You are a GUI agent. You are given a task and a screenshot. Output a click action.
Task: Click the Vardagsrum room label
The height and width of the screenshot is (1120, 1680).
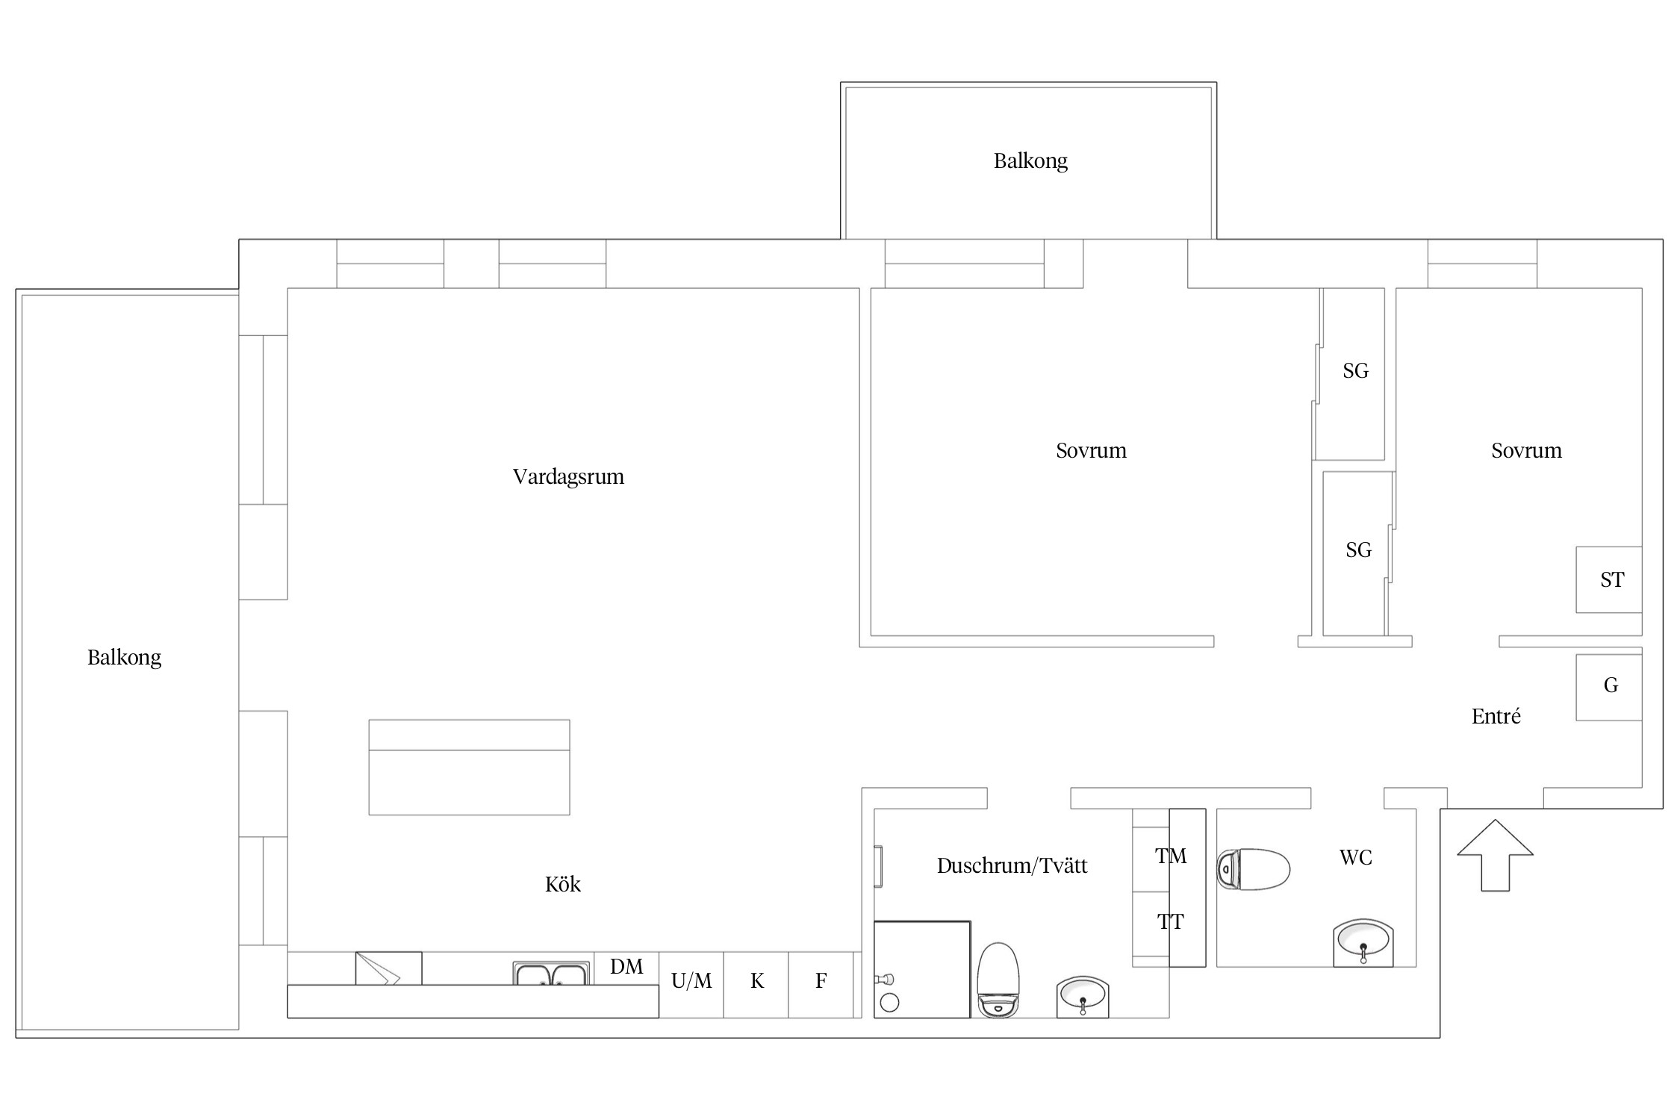(568, 477)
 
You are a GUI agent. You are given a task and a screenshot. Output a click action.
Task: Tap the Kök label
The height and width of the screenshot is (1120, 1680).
(563, 884)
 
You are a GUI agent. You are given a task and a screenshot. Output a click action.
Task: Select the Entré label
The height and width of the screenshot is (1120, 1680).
(1496, 716)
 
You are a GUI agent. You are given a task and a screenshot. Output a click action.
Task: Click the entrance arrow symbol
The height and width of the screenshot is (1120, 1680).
(1495, 855)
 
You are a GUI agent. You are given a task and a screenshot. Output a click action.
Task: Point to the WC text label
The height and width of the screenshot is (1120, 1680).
(1356, 857)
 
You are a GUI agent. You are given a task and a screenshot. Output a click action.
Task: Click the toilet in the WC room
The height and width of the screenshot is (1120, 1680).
(1254, 869)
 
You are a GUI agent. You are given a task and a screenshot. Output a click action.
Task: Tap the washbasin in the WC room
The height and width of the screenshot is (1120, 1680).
(1363, 943)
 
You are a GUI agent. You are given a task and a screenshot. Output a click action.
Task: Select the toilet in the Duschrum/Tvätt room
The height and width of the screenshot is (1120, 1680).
(998, 980)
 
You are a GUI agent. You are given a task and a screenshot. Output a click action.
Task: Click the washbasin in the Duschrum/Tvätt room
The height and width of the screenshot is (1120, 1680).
(1083, 997)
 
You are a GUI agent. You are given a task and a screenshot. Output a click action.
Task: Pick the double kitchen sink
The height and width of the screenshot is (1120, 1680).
(552, 974)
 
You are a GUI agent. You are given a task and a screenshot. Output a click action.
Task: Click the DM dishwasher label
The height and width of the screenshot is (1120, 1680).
(626, 967)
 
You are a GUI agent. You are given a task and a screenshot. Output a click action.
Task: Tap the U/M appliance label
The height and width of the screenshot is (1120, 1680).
(691, 981)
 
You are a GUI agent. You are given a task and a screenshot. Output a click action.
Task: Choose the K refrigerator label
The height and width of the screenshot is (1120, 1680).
(757, 981)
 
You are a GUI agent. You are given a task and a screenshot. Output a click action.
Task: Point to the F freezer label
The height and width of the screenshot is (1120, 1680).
(821, 981)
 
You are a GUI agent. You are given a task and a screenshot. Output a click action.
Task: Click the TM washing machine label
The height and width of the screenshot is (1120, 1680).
(1171, 856)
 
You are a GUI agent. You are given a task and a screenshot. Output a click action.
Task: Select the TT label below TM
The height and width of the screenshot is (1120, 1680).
(1171, 922)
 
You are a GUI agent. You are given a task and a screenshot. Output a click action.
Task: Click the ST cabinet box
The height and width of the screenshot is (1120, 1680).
(1609, 579)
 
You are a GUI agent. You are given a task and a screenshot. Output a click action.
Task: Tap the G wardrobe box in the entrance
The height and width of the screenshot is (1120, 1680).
(1609, 687)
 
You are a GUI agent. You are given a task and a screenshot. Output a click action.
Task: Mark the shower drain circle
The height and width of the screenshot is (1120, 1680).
(889, 1003)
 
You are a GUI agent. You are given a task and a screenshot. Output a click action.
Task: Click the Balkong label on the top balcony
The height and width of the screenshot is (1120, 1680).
(1030, 161)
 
